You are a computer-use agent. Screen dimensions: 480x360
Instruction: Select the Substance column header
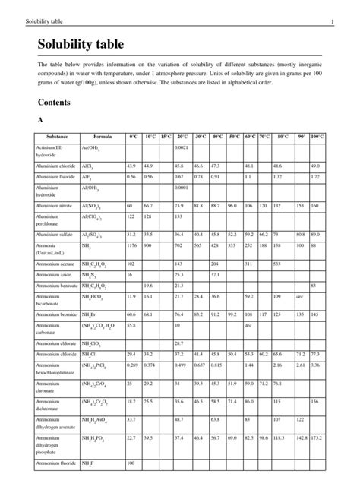51,136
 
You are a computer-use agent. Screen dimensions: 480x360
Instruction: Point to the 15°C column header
166,136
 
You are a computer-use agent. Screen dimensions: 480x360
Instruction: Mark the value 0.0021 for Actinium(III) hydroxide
182,147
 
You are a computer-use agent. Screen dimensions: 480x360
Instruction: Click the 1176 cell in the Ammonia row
132,245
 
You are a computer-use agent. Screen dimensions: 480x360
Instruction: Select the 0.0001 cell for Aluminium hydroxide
182,187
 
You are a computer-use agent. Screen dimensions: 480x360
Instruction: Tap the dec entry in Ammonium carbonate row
247,325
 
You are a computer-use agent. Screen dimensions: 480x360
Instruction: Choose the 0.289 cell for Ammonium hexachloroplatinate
132,365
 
